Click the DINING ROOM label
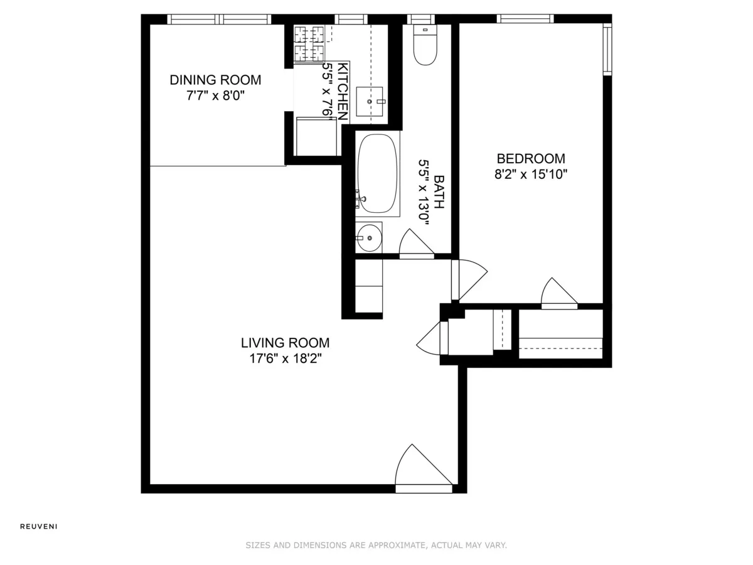click(215, 80)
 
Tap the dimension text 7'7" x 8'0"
click(215, 97)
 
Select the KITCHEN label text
click(343, 92)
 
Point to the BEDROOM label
click(530, 159)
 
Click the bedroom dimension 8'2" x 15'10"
click(530, 175)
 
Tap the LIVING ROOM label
click(285, 343)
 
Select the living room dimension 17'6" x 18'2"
click(285, 359)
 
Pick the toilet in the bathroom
click(425, 45)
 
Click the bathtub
click(377, 173)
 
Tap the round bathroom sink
click(368, 238)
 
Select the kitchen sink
click(370, 101)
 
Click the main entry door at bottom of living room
click(422, 468)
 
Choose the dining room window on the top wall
click(220, 19)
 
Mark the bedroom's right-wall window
click(607, 49)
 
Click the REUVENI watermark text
click(39, 527)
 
